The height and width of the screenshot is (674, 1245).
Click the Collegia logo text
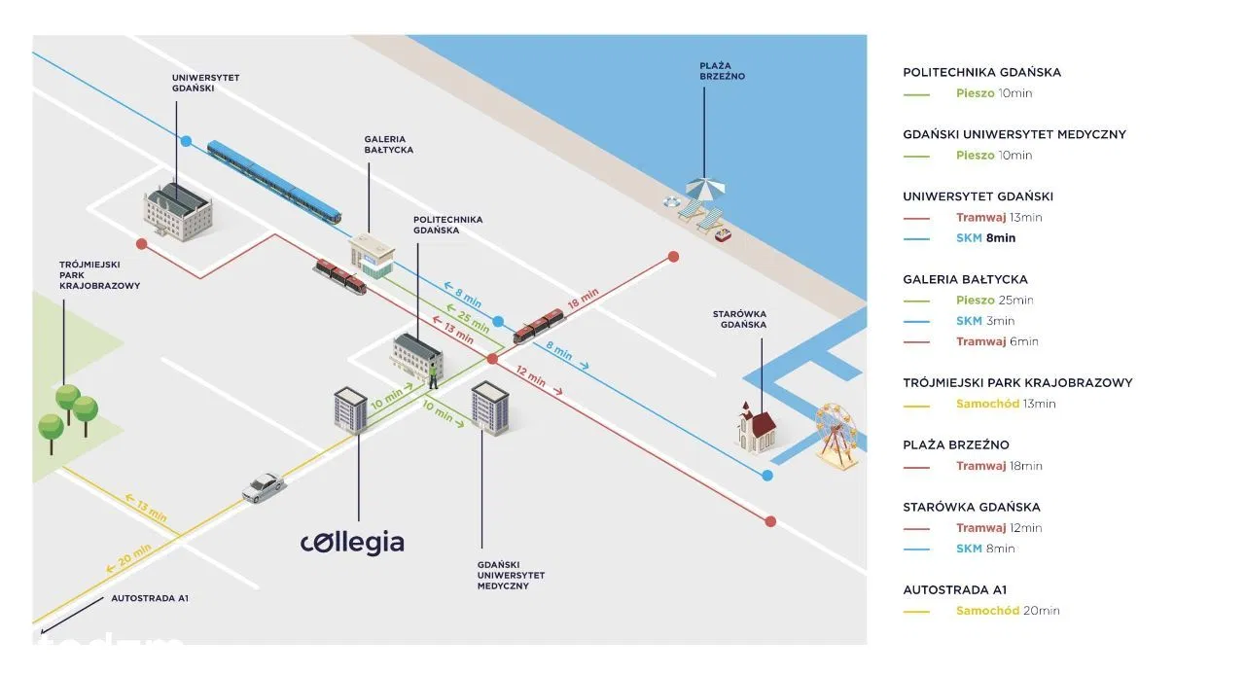[x=352, y=542]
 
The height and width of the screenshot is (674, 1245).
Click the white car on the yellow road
[x=262, y=486]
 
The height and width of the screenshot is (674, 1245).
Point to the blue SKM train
[x=273, y=181]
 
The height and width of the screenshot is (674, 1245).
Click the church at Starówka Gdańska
[x=756, y=427]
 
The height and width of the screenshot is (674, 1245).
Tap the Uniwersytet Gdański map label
[x=205, y=83]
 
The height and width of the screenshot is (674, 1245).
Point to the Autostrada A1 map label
[x=150, y=598]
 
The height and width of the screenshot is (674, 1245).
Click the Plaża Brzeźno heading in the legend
[x=955, y=444]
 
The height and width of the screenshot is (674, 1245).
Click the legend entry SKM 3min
[x=985, y=321]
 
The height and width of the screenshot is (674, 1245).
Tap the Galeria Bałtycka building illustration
[x=372, y=254]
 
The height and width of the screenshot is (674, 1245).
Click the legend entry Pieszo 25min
[x=994, y=300]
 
